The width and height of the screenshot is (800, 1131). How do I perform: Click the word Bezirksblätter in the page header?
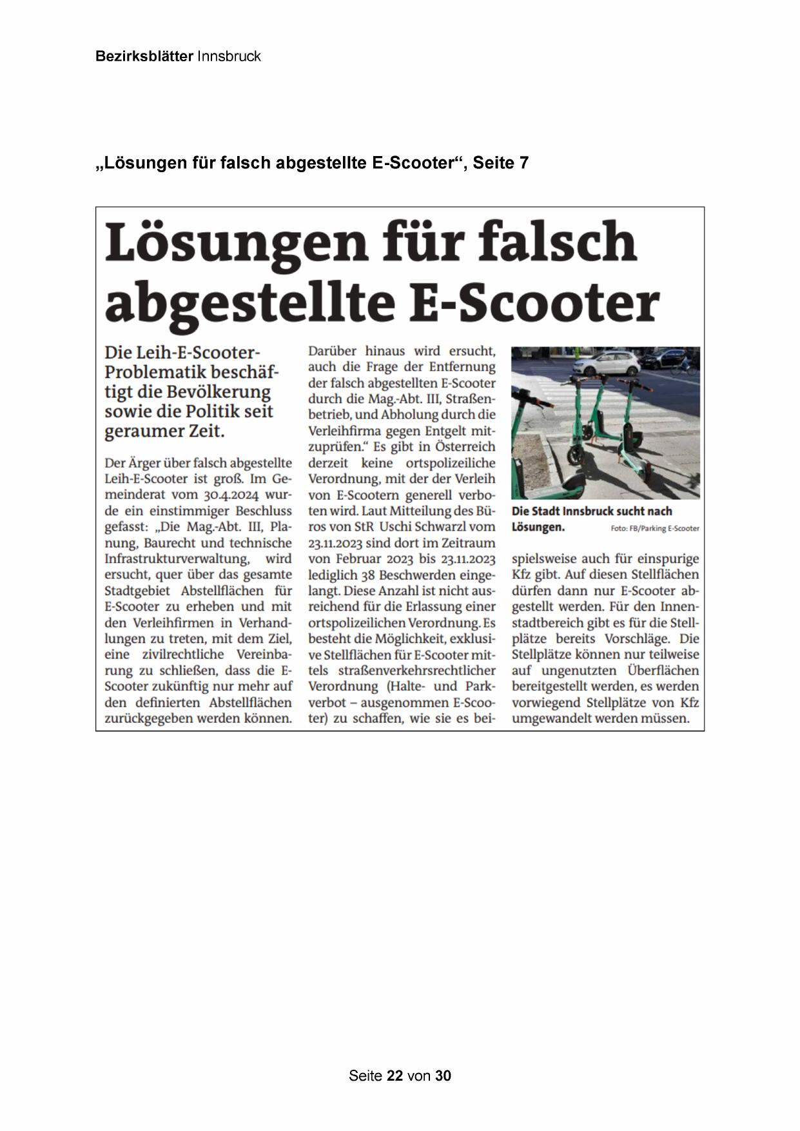click(144, 56)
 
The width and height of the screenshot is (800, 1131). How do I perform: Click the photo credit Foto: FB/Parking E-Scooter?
click(654, 529)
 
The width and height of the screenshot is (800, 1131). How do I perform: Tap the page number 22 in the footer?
click(395, 1076)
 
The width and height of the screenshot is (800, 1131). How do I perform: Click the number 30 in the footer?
click(443, 1076)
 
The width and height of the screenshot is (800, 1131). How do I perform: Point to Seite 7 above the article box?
click(501, 163)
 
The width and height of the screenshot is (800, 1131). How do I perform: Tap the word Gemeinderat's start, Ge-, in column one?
click(280, 479)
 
